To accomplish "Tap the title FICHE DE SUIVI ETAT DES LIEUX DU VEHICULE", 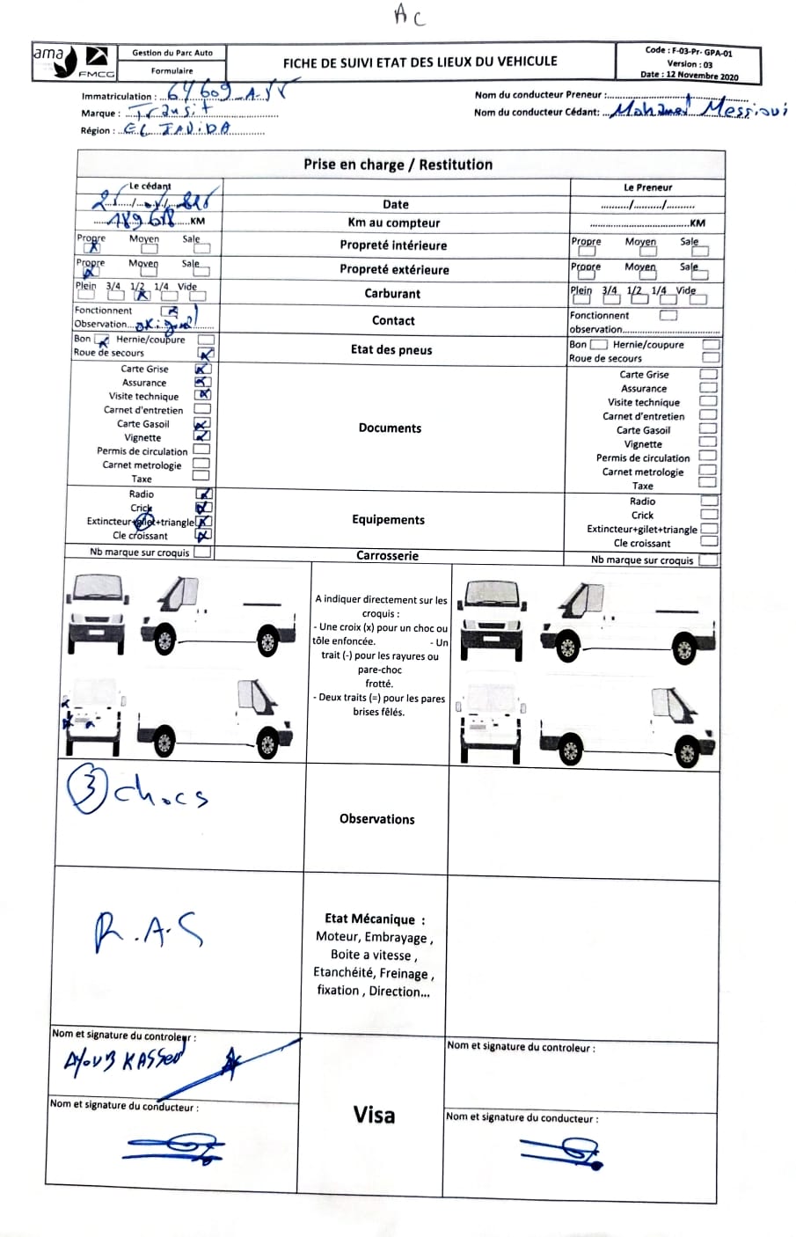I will (420, 62).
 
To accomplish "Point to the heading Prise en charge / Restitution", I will (398, 165).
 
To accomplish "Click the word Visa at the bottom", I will (374, 1116).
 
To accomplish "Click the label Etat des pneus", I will (391, 350).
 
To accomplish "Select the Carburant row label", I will (392, 294).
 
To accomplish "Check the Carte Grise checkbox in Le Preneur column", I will (708, 375).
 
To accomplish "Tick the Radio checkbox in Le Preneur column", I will (709, 501).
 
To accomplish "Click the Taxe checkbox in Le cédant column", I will (201, 476).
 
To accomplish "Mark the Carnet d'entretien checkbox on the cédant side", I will (202, 409).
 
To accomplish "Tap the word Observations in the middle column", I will (376, 819).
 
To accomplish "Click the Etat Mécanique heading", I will (374, 919).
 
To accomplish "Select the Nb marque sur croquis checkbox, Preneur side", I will (708, 560).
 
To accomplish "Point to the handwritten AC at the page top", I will (408, 15).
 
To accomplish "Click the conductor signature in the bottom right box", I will (563, 1150).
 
